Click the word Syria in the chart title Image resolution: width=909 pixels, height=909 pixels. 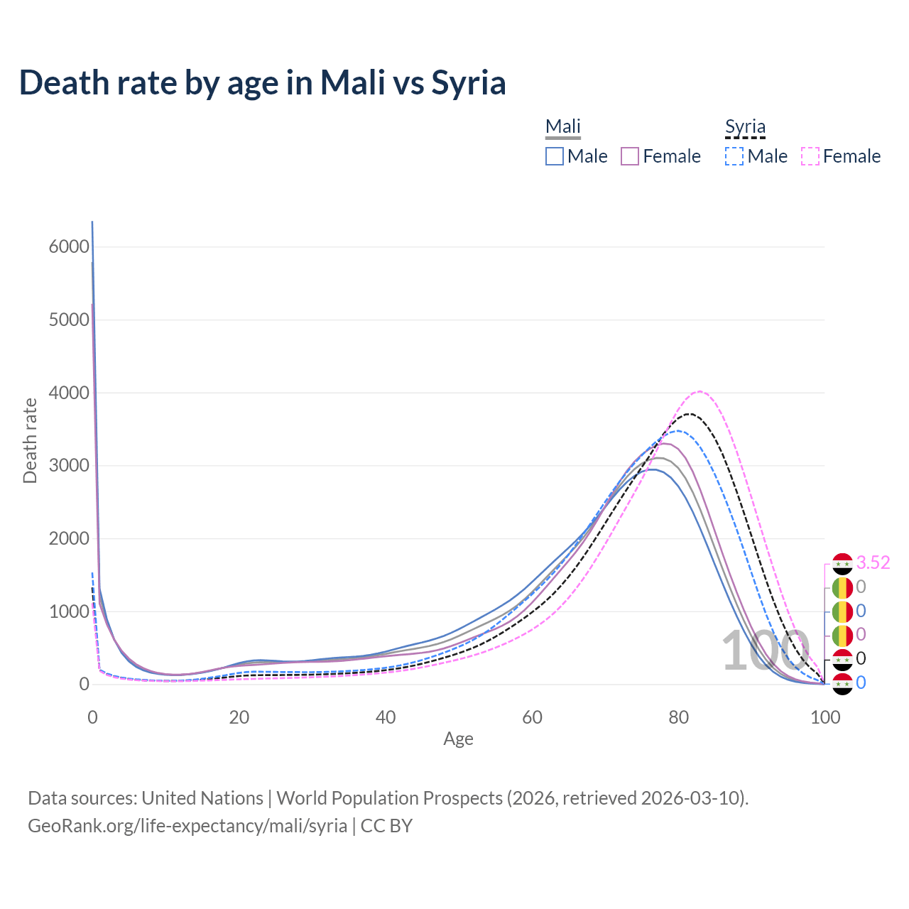click(469, 82)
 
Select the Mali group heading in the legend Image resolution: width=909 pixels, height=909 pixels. click(563, 127)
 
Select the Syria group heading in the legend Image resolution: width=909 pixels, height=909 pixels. click(745, 127)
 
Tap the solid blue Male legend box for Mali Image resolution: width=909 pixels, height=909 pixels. click(555, 156)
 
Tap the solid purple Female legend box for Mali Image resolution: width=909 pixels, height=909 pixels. click(630, 156)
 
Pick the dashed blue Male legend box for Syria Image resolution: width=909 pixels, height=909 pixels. click(734, 156)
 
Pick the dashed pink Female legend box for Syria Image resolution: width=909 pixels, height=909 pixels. click(810, 156)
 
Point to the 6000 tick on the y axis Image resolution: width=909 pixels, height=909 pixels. click(69, 247)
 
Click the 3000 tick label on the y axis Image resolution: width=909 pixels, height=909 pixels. click(69, 466)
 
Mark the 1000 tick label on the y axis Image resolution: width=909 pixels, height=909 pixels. click(69, 611)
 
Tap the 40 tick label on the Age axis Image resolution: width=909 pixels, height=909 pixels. click(386, 717)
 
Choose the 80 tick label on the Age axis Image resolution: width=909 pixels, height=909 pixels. click(679, 717)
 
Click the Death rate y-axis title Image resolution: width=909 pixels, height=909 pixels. click(30, 440)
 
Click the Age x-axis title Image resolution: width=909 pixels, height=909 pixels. click(458, 739)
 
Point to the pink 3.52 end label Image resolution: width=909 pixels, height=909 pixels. click(873, 563)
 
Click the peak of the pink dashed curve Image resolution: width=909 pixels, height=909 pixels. click(700, 391)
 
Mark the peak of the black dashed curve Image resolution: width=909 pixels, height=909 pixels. click(689, 413)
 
